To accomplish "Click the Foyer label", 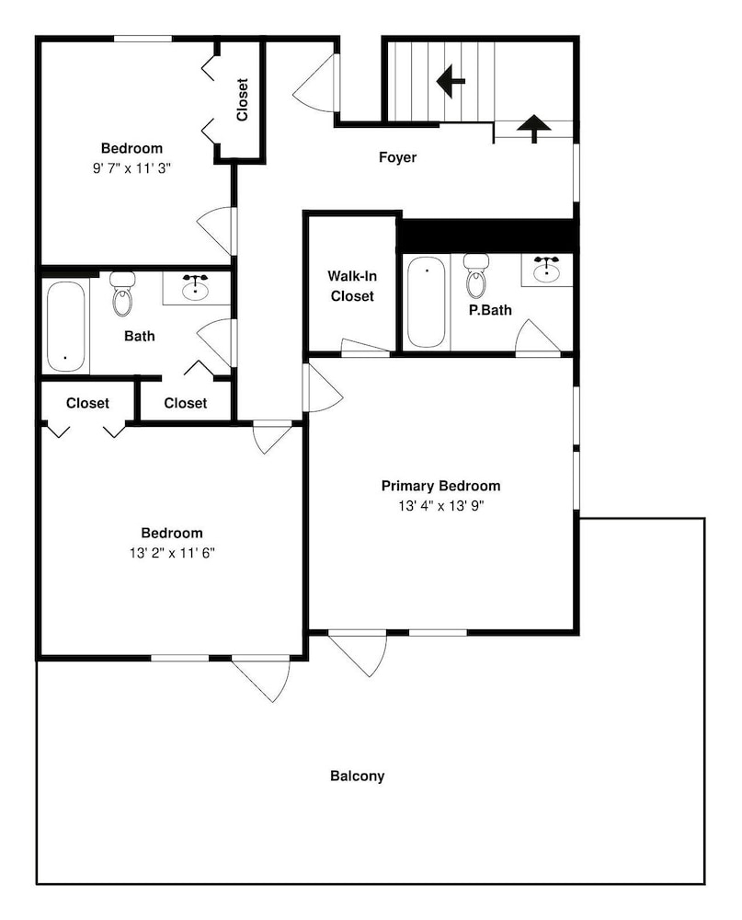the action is click(x=397, y=157).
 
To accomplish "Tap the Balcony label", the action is click(x=358, y=776).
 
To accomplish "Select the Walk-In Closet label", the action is click(x=352, y=286).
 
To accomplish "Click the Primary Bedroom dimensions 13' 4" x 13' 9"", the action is click(x=441, y=506).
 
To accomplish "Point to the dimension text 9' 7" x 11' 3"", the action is click(x=131, y=168).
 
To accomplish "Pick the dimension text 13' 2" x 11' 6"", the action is click(x=173, y=553).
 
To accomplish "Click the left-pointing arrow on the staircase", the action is click(x=451, y=81).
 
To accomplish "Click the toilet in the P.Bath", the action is click(x=476, y=275).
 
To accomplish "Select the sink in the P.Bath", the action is click(x=547, y=270).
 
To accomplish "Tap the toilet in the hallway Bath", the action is click(x=122, y=293).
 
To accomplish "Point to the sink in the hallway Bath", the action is click(x=196, y=287).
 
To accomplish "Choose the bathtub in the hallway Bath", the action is click(x=65, y=327).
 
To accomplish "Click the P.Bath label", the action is click(x=490, y=310).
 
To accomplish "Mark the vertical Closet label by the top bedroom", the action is click(x=242, y=99).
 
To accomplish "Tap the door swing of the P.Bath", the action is click(x=537, y=338).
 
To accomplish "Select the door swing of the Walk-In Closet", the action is click(x=365, y=348).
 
